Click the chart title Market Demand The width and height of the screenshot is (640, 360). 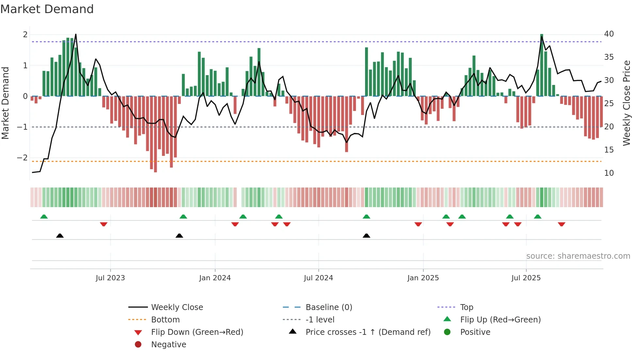pyautogui.click(x=47, y=9)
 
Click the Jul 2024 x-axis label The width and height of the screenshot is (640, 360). pyautogui.click(x=318, y=278)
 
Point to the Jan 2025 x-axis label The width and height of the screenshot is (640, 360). pyautogui.click(x=423, y=278)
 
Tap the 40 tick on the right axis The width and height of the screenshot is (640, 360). pyautogui.click(x=609, y=34)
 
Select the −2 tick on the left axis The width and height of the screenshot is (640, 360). pyautogui.click(x=23, y=158)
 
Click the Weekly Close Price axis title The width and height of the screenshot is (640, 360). pyautogui.click(x=626, y=103)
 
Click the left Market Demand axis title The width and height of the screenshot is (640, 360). pyautogui.click(x=5, y=103)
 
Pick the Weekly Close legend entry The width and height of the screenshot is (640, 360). pyautogui.click(x=177, y=307)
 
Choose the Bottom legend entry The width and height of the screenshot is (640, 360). pyautogui.click(x=165, y=320)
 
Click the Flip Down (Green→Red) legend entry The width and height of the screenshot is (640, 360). pyautogui.click(x=197, y=332)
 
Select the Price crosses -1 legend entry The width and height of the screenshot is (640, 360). pyautogui.click(x=368, y=332)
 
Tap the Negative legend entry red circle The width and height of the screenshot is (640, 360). pyautogui.click(x=138, y=345)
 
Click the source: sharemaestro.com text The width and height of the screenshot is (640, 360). pyautogui.click(x=578, y=256)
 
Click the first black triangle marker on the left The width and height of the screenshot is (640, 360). pyautogui.click(x=60, y=236)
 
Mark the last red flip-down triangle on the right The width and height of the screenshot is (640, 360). pyautogui.click(x=561, y=224)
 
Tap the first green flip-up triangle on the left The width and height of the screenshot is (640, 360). pyautogui.click(x=44, y=216)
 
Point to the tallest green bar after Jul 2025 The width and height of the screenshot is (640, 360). pyautogui.click(x=542, y=65)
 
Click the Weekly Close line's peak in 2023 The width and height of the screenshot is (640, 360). pyautogui.click(x=76, y=34)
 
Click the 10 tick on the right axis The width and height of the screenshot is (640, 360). pyautogui.click(x=609, y=173)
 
